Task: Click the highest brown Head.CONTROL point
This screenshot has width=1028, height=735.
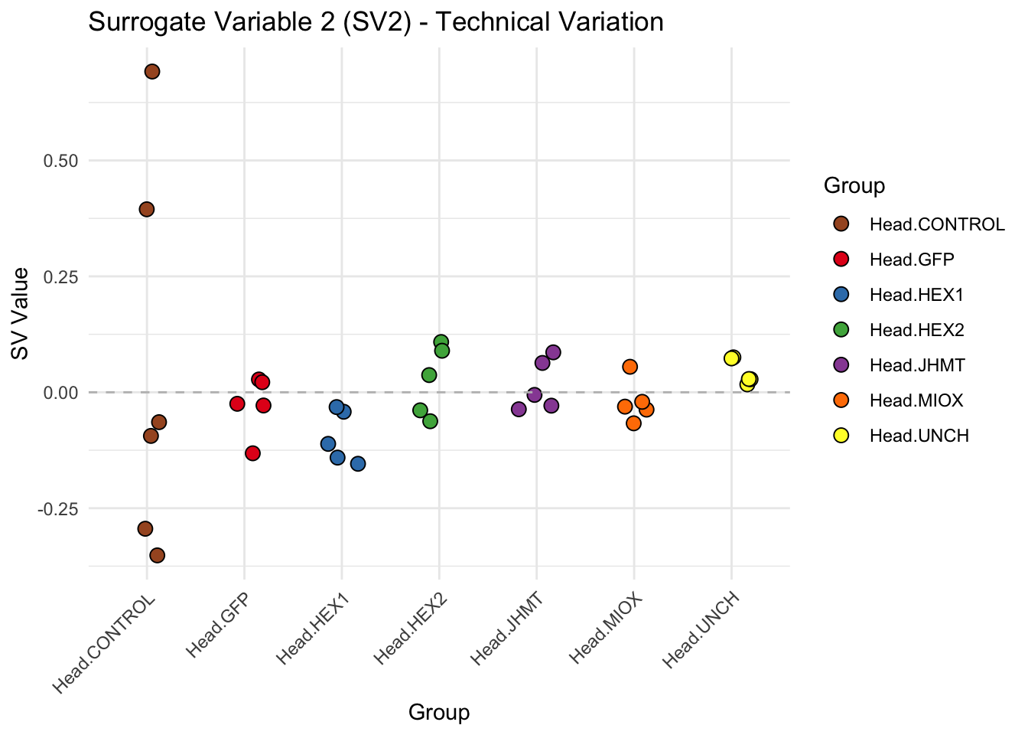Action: [x=151, y=72]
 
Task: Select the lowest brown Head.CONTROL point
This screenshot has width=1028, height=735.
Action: [x=157, y=555]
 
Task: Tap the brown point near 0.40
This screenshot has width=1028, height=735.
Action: [x=147, y=209]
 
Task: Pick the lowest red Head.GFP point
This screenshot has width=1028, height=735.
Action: [x=252, y=453]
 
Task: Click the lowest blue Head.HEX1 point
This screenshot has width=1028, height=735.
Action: [x=357, y=464]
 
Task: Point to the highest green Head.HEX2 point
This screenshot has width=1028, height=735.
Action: [x=441, y=342]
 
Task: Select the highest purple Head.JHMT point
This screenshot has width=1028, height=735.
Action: [x=553, y=353]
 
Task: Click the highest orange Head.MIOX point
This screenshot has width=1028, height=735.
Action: [x=629, y=367]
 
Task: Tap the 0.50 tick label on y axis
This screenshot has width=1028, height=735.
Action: [x=61, y=161]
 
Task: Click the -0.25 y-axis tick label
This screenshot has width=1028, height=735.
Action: [x=59, y=508]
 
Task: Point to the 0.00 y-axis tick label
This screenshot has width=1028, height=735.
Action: [x=61, y=393]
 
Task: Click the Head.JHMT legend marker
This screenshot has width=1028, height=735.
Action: [x=841, y=365]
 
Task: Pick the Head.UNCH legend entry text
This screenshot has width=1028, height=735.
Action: [x=919, y=436]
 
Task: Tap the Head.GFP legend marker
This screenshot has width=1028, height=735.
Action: [x=841, y=260]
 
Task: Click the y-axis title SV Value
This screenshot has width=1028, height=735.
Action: [x=20, y=313]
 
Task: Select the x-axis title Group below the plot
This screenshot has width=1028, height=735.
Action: [x=439, y=713]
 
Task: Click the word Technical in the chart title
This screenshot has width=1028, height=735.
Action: [x=492, y=21]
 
